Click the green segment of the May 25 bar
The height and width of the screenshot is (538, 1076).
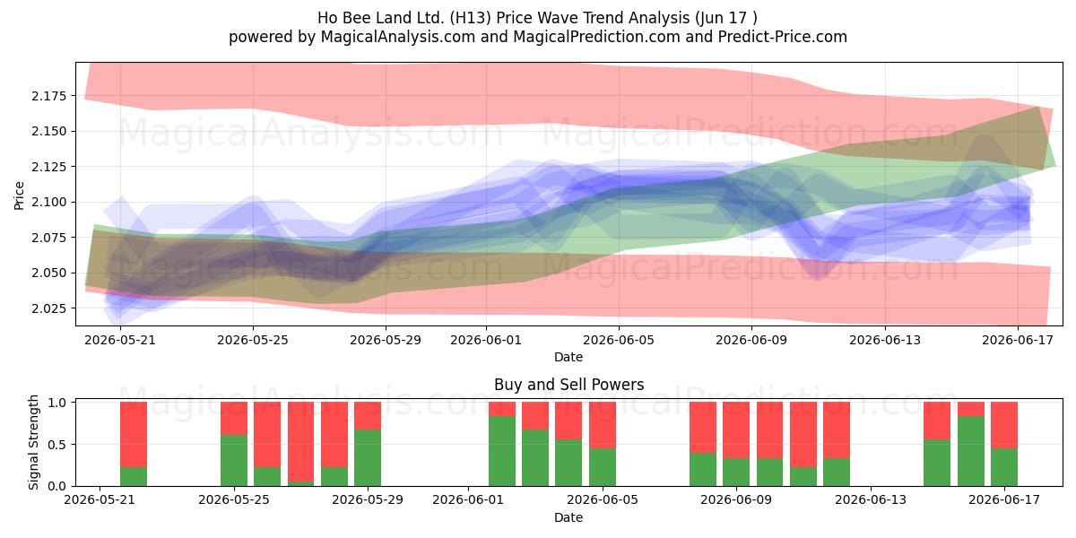point(234,460)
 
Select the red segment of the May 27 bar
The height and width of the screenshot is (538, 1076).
point(300,441)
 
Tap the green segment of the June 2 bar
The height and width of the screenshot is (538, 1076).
point(502,451)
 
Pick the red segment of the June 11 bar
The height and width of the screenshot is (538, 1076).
point(803,434)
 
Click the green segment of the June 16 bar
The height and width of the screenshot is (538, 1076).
point(971,451)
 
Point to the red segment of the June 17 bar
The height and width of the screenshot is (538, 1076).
point(1004,425)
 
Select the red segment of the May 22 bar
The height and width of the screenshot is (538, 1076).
point(134,434)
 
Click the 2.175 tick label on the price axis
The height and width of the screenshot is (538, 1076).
point(49,96)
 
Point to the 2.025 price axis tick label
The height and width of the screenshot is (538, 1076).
point(49,308)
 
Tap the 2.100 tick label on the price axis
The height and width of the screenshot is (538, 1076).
point(49,203)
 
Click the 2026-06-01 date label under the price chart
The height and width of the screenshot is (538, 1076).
point(486,340)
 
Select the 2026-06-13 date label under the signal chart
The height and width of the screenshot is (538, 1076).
point(871,500)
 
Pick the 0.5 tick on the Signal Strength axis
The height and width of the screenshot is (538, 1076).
point(58,445)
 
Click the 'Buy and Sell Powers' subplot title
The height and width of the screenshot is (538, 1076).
point(568,385)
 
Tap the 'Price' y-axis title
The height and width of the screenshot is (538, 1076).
point(19,195)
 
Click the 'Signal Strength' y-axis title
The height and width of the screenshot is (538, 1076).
point(33,442)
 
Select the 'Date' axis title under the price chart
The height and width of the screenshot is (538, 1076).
point(568,357)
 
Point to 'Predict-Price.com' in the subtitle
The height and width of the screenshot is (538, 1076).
point(783,37)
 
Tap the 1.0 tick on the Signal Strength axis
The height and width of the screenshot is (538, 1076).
point(58,403)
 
